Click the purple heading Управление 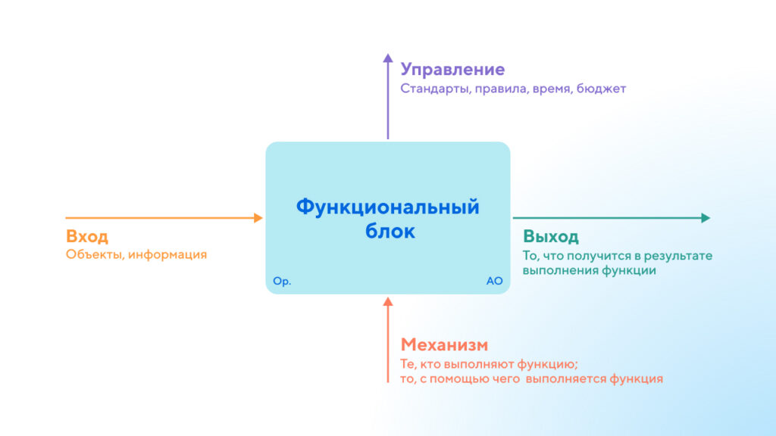tap(452, 70)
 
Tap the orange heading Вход tap(87, 235)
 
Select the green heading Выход tap(550, 236)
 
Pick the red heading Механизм tap(444, 345)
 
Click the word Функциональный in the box tap(387, 207)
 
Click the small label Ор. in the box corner tap(282, 281)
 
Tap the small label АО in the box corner tap(494, 281)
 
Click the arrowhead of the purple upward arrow tap(388, 58)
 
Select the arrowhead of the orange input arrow tap(258, 218)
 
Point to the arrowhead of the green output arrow tap(706, 218)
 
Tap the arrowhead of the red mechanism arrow tap(388, 301)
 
